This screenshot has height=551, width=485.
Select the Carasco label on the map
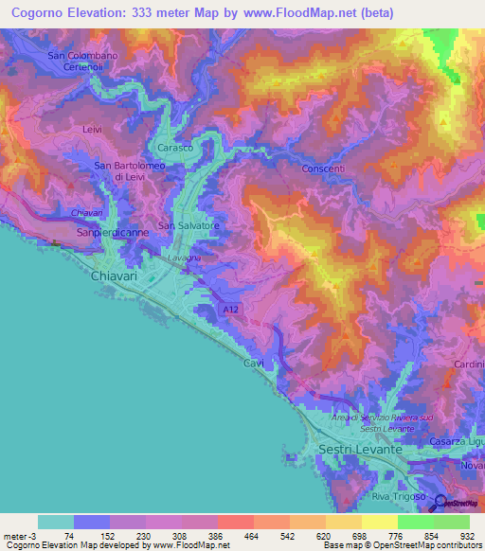[175, 149]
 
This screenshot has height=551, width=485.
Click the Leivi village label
[92, 128]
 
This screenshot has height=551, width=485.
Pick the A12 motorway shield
[231, 309]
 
